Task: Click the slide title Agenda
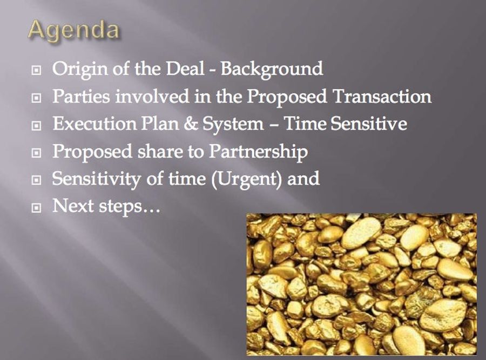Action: [74, 31]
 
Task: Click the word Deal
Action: [185, 69]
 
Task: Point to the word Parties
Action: [81, 96]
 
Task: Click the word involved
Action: [152, 96]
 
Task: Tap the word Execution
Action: [94, 124]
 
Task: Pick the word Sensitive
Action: [368, 124]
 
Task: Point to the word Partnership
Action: [258, 152]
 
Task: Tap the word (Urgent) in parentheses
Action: [247, 180]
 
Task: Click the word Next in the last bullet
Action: [73, 206]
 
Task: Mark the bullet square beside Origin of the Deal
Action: [36, 71]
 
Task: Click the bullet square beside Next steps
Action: [36, 208]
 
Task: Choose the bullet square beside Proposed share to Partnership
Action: [36, 153]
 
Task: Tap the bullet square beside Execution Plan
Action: [36, 126]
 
